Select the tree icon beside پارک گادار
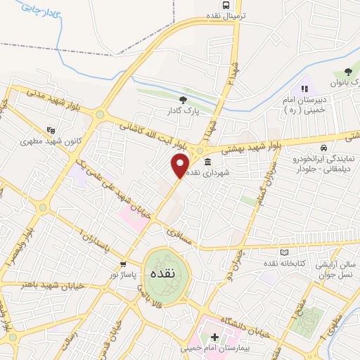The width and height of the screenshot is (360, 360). tap(184, 101)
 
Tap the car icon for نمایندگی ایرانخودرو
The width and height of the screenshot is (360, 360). tap(322, 148)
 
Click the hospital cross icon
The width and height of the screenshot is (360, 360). tap(214, 337)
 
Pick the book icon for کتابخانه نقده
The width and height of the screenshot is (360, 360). tap(284, 252)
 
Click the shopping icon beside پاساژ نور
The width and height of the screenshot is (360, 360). tap(123, 264)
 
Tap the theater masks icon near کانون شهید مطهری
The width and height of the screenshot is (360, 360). tap(50, 130)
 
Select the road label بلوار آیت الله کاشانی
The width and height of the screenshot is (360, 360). tap(152, 136)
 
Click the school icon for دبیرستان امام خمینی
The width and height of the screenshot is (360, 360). tap(305, 89)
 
